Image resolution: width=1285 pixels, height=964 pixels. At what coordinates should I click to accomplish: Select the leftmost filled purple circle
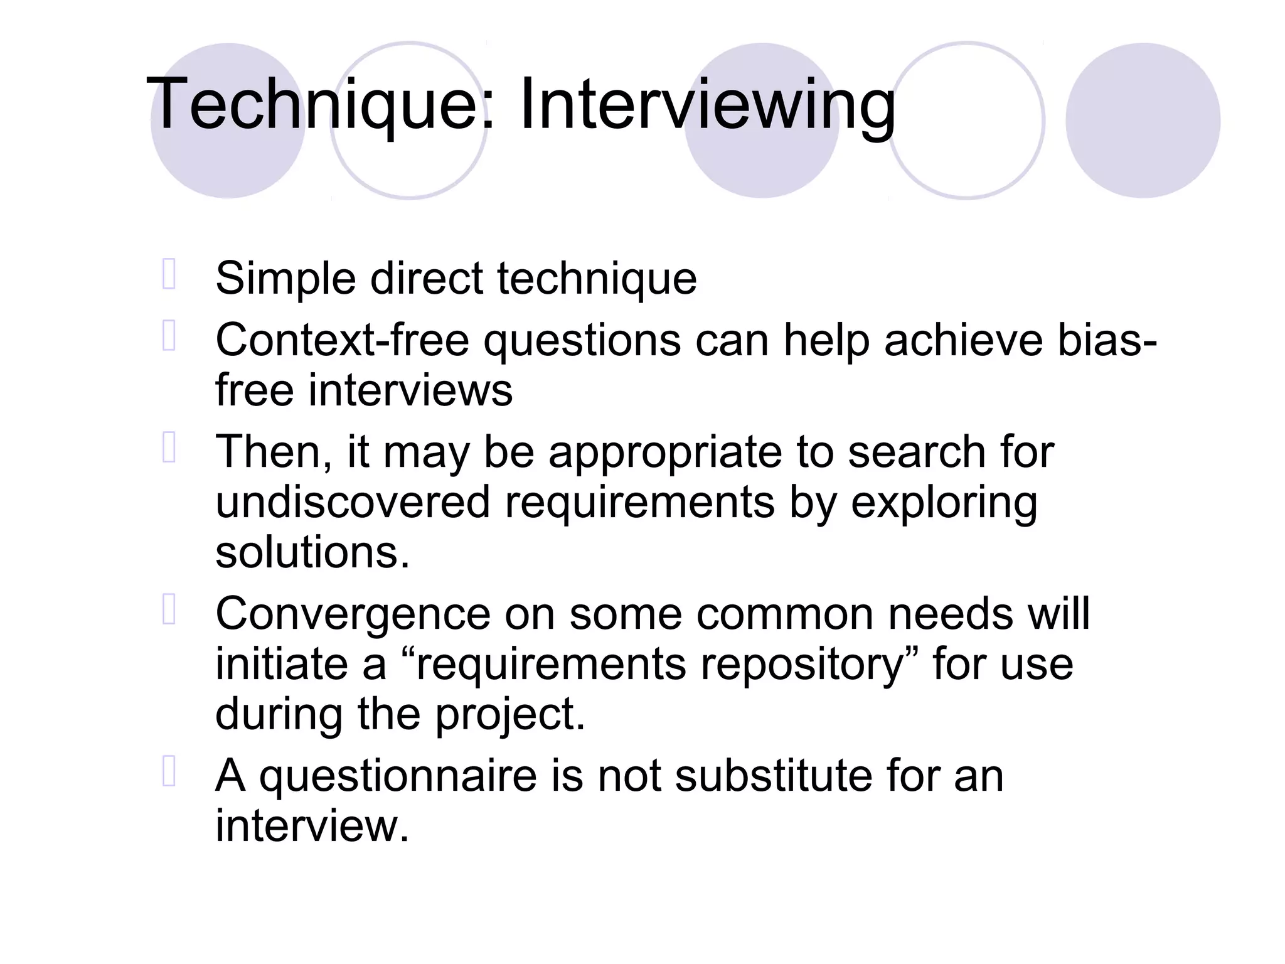228,120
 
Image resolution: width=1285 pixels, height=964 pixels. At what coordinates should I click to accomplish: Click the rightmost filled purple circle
1143,120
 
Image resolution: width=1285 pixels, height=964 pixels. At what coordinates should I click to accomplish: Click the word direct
426,279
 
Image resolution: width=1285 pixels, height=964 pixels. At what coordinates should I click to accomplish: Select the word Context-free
342,341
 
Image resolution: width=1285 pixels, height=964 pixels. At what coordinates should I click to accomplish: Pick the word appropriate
665,453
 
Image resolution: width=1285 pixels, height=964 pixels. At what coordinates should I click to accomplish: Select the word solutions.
312,553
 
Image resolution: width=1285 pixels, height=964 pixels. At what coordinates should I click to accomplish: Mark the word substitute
773,776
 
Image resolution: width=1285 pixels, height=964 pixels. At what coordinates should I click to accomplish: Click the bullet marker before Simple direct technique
168,274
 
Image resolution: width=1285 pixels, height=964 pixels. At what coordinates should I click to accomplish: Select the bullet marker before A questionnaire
168,772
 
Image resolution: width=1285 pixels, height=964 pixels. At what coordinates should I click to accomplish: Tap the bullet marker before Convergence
168,609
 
